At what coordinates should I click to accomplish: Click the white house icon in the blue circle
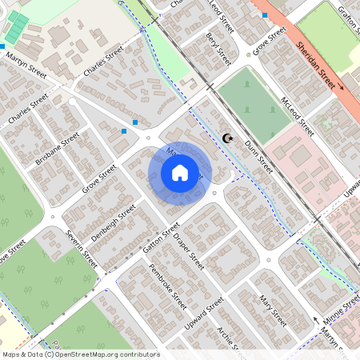(180, 172)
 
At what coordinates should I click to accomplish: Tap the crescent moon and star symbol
(228, 138)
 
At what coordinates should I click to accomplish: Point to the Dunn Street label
(258, 156)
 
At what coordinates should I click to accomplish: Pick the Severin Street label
(81, 250)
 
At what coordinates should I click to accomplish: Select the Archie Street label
(230, 340)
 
